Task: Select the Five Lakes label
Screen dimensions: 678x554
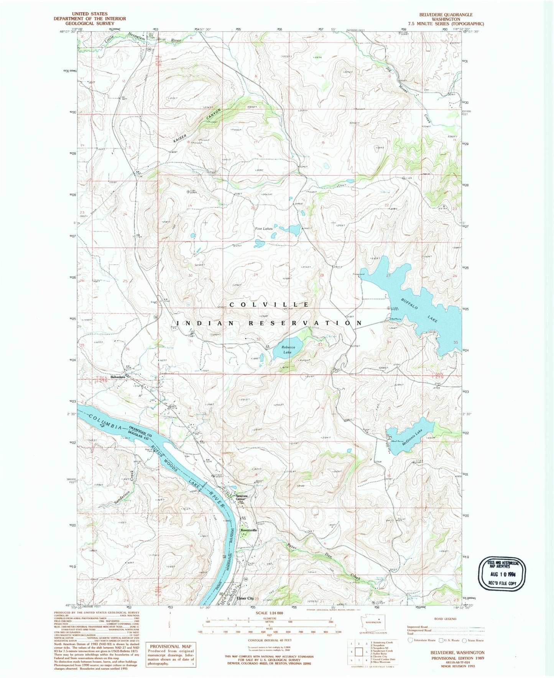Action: (x=264, y=229)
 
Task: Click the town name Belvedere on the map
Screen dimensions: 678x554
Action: (x=118, y=377)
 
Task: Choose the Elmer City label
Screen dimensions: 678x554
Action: (x=245, y=598)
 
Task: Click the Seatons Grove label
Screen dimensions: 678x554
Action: (x=242, y=497)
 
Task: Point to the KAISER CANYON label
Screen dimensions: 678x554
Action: (x=197, y=126)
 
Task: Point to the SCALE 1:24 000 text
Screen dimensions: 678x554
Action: (x=269, y=613)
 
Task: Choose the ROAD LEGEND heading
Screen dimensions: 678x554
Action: (x=445, y=619)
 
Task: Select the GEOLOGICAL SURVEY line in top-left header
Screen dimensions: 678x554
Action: (x=90, y=23)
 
